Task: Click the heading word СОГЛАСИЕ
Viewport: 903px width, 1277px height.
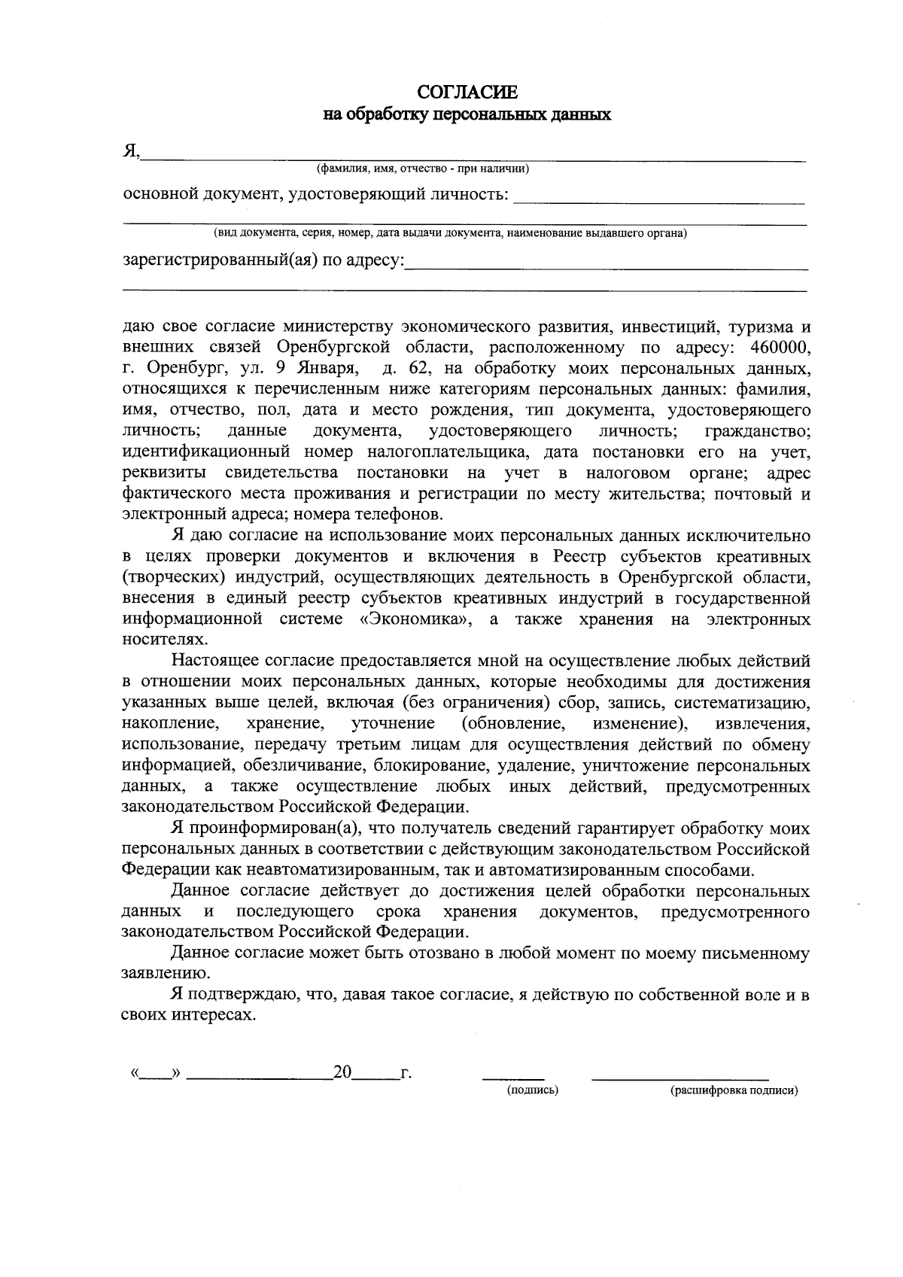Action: click(467, 93)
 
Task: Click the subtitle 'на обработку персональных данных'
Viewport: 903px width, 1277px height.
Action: click(467, 115)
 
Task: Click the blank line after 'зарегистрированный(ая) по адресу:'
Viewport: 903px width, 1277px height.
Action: click(606, 265)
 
